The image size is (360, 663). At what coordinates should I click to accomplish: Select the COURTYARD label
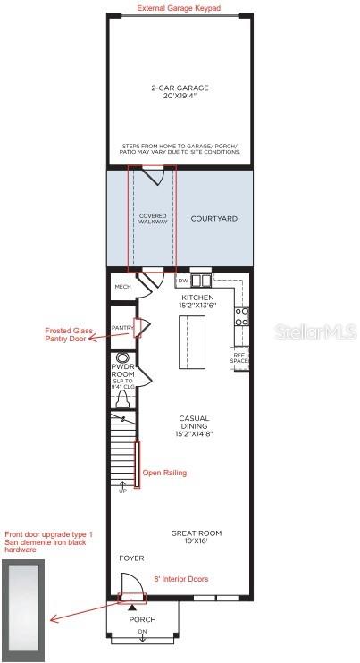214,218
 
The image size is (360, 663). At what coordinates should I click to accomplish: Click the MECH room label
123,287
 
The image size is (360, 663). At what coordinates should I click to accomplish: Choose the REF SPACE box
239,357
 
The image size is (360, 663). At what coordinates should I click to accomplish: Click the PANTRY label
122,328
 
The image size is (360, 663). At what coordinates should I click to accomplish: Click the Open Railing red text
164,473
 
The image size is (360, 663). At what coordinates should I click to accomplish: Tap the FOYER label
131,558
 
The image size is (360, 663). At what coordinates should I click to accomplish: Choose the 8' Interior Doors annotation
180,579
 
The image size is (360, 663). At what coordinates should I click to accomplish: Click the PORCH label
142,619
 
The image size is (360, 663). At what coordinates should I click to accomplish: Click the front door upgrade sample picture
25,594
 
